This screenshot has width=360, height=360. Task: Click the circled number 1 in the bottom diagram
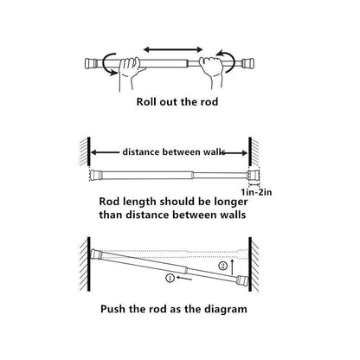pyautogui.click(x=170, y=278)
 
